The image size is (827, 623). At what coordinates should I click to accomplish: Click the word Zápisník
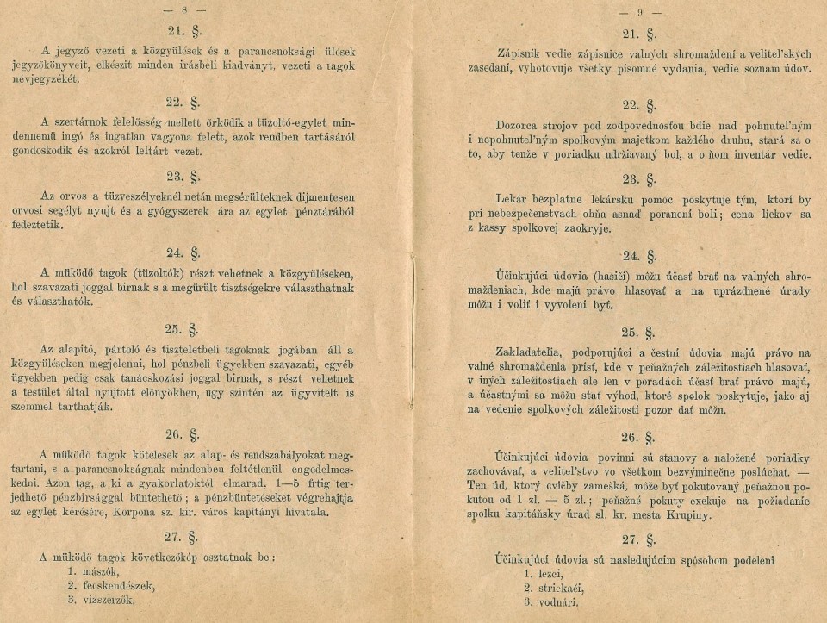point(525,53)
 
